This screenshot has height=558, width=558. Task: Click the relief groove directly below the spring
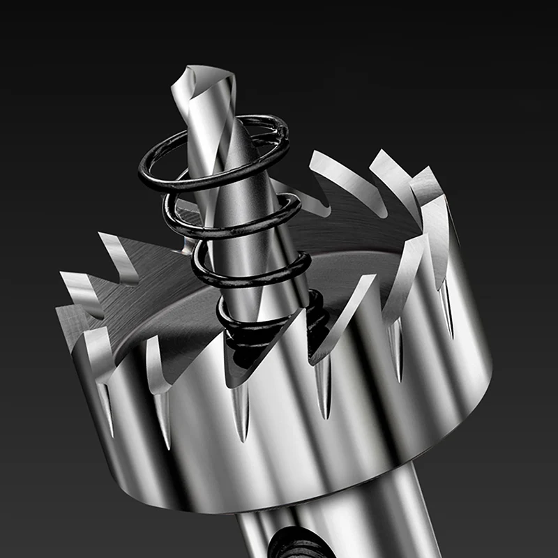tap(241, 412)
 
